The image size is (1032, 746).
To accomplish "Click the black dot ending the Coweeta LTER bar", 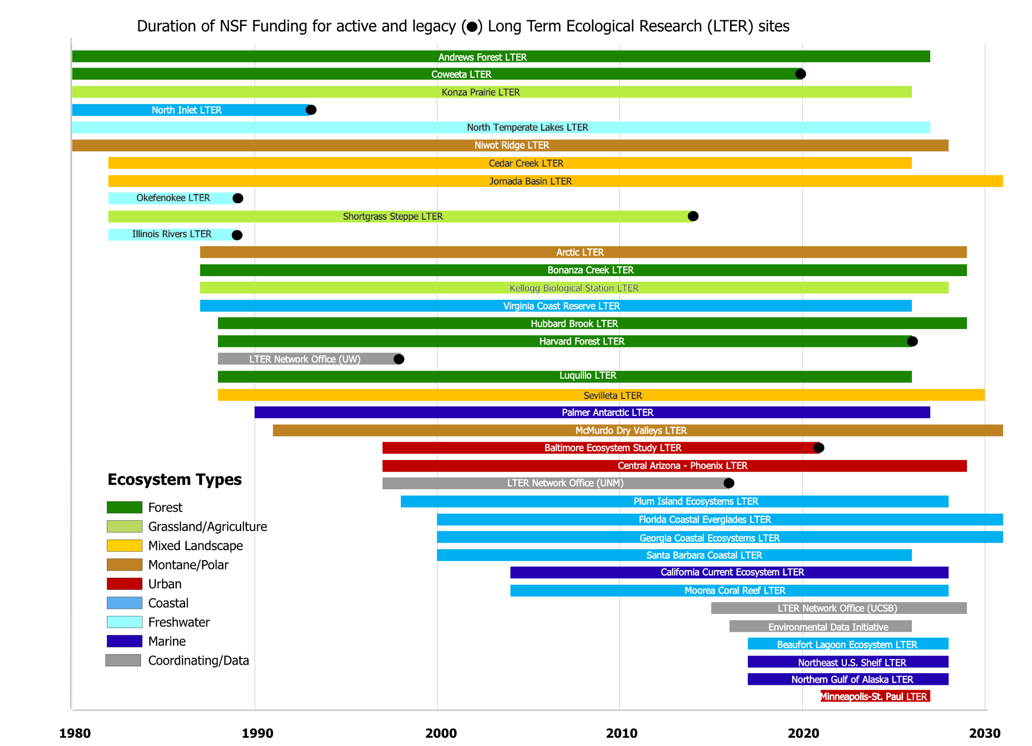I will [800, 74].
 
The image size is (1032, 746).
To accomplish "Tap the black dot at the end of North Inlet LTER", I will [311, 109].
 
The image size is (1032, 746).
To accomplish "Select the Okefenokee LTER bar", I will [173, 198].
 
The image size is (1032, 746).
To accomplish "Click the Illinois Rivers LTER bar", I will [172, 234].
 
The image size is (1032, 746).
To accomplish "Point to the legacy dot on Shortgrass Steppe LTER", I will [693, 216].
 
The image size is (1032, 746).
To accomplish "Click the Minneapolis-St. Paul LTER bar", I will [875, 696].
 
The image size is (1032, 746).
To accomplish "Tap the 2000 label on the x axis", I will [441, 733].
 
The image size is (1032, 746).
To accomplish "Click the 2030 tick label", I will [984, 733].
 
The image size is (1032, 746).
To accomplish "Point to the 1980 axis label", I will [74, 733].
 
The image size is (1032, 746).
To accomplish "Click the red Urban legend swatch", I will [124, 584].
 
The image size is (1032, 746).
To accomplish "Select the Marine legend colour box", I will [124, 641].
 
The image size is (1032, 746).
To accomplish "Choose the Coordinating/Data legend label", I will [198, 661].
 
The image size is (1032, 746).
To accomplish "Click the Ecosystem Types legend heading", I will [175, 479].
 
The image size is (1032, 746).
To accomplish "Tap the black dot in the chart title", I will [472, 27].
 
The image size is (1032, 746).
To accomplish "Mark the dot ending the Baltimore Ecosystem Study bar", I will [819, 447].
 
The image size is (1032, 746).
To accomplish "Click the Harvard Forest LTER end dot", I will [912, 341].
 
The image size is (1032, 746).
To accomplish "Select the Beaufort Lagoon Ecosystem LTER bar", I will [848, 644].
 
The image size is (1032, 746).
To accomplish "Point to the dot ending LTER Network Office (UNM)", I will [729, 483].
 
